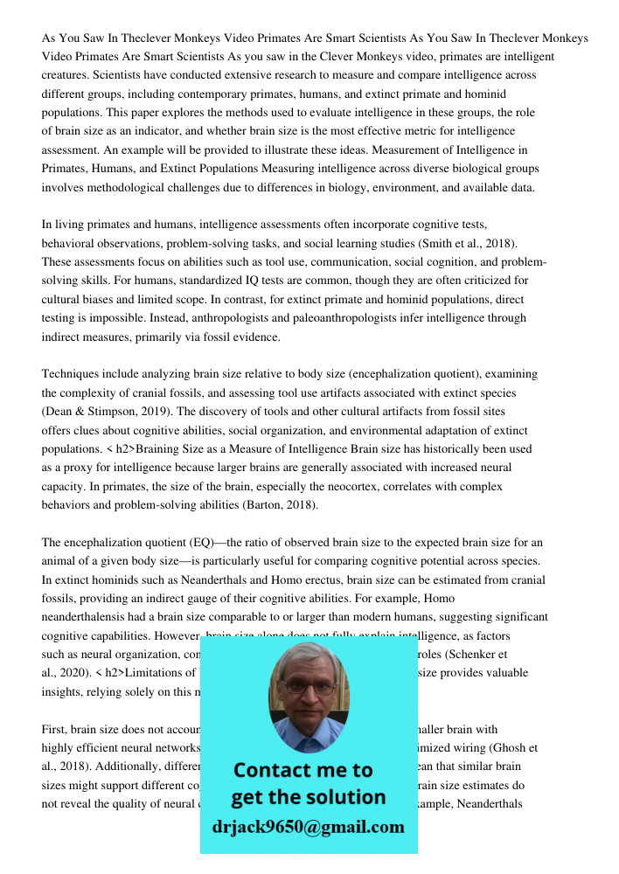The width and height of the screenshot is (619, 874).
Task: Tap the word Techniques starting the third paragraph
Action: pos(73,373)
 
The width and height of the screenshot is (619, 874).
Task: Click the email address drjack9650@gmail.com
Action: pos(309,826)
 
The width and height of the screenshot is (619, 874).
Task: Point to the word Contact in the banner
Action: pos(275,770)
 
